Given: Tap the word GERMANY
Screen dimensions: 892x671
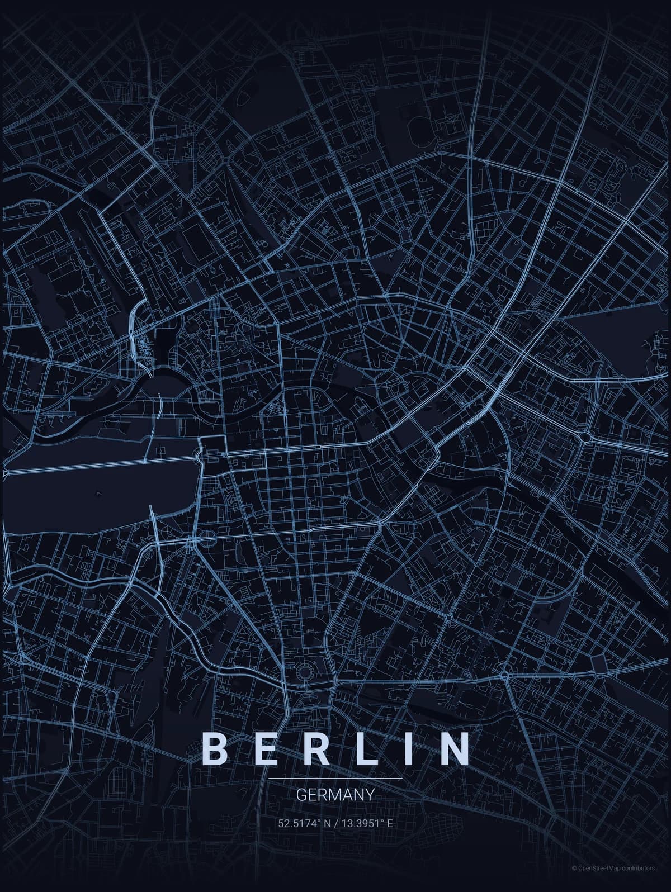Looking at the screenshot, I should (x=335, y=794).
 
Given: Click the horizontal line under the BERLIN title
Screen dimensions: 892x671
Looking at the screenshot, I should (x=335, y=778).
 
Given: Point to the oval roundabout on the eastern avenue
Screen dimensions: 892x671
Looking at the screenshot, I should (x=587, y=436).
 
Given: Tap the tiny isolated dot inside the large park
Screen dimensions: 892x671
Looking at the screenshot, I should (x=98, y=493).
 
